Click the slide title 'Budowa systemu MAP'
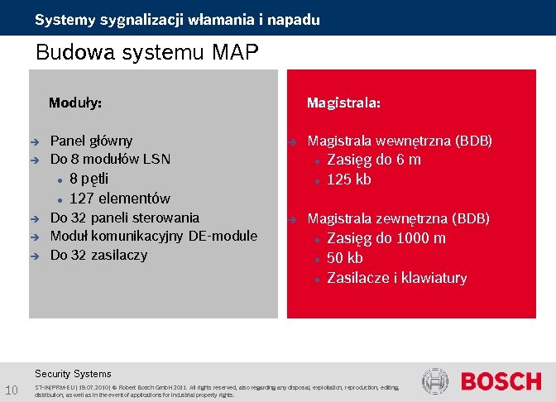pyautogui.click(x=147, y=54)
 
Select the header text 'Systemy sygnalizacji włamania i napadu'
pyautogui.click(x=177, y=19)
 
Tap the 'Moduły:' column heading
pyautogui.click(x=75, y=103)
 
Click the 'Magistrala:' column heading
pyautogui.click(x=343, y=103)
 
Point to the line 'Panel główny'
pyautogui.click(x=91, y=141)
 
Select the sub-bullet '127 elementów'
pyautogui.click(x=120, y=199)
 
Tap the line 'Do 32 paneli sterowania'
pyautogui.click(x=125, y=218)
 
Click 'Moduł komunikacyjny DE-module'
pyautogui.click(x=154, y=237)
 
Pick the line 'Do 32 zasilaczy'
pyautogui.click(x=98, y=255)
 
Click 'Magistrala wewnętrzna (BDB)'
pyautogui.click(x=400, y=141)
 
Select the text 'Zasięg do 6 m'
pyautogui.click(x=374, y=160)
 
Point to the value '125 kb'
pyautogui.click(x=349, y=179)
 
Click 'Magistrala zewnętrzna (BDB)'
pyautogui.click(x=399, y=218)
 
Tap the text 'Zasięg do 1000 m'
pyautogui.click(x=386, y=238)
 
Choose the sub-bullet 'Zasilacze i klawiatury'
pyautogui.click(x=397, y=278)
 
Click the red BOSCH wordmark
pyautogui.click(x=501, y=381)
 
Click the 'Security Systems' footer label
pyautogui.click(x=73, y=373)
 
